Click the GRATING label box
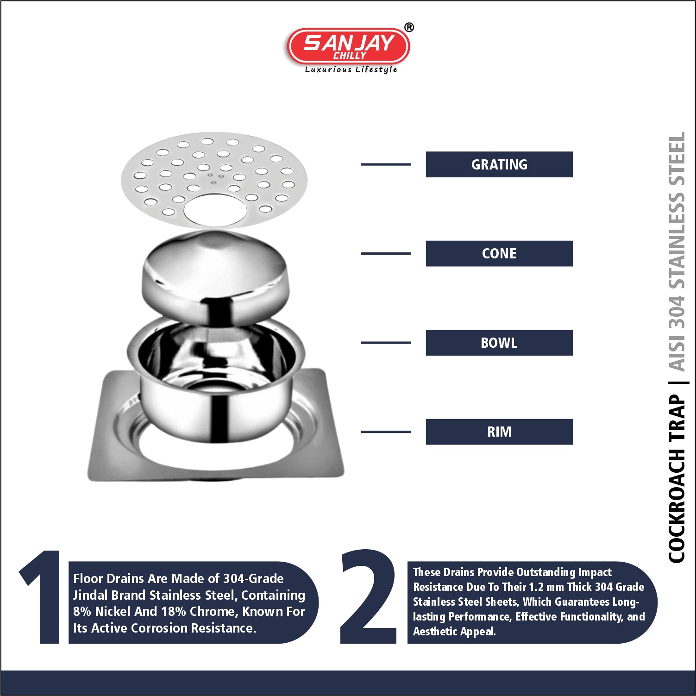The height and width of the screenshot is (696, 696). [499, 164]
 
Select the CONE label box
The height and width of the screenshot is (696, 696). [499, 253]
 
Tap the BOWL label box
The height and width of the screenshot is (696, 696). [499, 343]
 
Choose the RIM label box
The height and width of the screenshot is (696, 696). [499, 432]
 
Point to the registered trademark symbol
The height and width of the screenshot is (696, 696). [409, 27]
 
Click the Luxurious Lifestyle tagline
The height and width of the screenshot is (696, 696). [351, 69]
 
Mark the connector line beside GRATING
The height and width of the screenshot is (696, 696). [386, 164]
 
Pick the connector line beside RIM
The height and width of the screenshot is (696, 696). [386, 432]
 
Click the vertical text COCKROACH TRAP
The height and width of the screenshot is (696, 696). [677, 479]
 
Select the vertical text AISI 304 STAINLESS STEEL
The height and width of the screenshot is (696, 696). [677, 252]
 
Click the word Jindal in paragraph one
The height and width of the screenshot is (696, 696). [91, 595]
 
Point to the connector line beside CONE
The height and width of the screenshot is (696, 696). [386, 253]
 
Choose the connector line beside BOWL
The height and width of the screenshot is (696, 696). [386, 343]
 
